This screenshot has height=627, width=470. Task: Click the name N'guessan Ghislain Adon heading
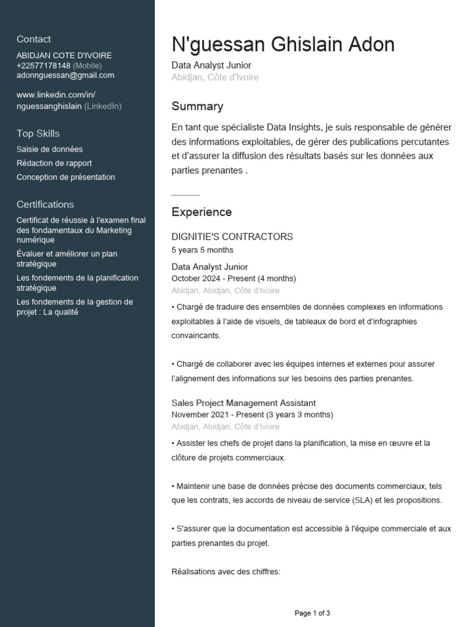pos(283,45)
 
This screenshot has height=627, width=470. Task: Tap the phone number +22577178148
pos(43,66)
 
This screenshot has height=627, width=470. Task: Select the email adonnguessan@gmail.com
pos(65,75)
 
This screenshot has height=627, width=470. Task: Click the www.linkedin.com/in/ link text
pos(56,95)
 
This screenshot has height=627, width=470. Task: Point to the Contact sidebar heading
pos(34,39)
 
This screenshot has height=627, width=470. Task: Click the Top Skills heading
pos(38,133)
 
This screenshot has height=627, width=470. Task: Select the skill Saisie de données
pos(50,149)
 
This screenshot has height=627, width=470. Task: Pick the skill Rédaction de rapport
pos(54,163)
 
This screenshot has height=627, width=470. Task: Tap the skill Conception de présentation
pos(65,178)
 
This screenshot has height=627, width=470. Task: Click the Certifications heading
pos(45,205)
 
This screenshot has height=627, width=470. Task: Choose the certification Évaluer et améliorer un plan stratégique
pos(67,259)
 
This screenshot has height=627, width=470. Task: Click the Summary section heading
pos(197,107)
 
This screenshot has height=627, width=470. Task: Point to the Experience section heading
pos(201,212)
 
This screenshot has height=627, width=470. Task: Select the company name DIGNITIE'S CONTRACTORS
pos(232,237)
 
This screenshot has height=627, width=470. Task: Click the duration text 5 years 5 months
pos(202,250)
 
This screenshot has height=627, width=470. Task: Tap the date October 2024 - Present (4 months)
pos(233,279)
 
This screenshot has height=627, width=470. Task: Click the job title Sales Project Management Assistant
pos(244,403)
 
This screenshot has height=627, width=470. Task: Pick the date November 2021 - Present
pos(252,415)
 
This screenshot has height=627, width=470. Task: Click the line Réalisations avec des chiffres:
pos(225,572)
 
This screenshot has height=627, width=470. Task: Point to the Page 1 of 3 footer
pos(312,613)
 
